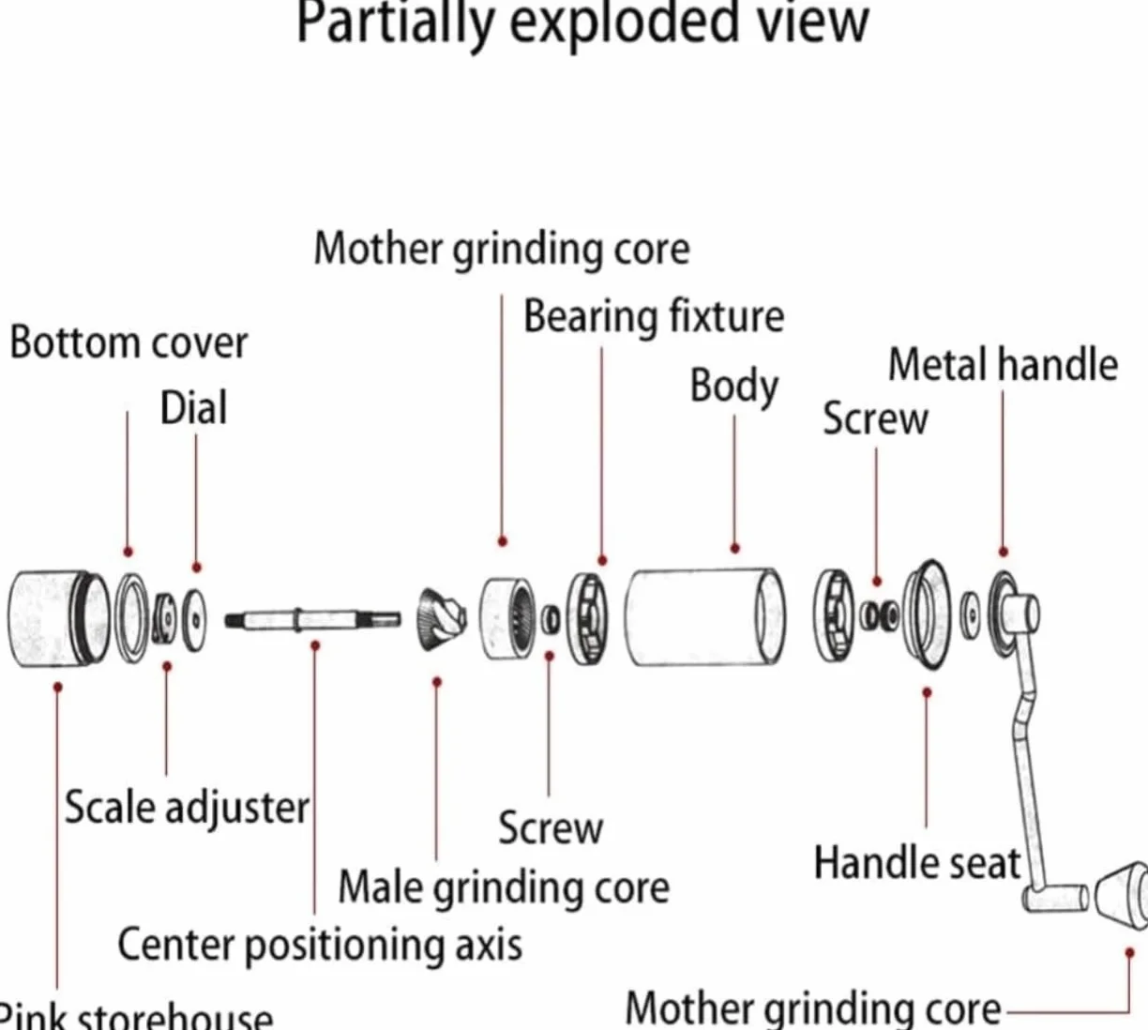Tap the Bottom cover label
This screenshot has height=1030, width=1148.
(x=129, y=343)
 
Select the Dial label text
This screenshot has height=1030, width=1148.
(x=194, y=407)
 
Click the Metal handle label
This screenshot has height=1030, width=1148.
(x=1003, y=365)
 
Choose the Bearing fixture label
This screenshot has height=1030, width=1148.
(x=654, y=316)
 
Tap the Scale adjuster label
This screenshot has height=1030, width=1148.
(x=187, y=809)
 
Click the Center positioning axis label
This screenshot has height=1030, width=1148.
(x=320, y=946)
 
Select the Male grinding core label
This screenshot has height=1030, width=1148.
(x=504, y=888)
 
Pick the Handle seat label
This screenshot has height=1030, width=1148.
(x=917, y=863)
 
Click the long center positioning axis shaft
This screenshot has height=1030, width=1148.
(x=312, y=619)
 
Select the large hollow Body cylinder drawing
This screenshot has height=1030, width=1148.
(x=705, y=616)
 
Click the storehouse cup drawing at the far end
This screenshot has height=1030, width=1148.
(x=59, y=618)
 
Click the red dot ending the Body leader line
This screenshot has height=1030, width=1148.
(x=735, y=549)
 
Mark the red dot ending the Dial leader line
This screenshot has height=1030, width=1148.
(x=197, y=568)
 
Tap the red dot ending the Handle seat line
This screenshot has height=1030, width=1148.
(x=927, y=692)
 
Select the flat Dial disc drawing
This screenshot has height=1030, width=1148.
(x=195, y=620)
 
